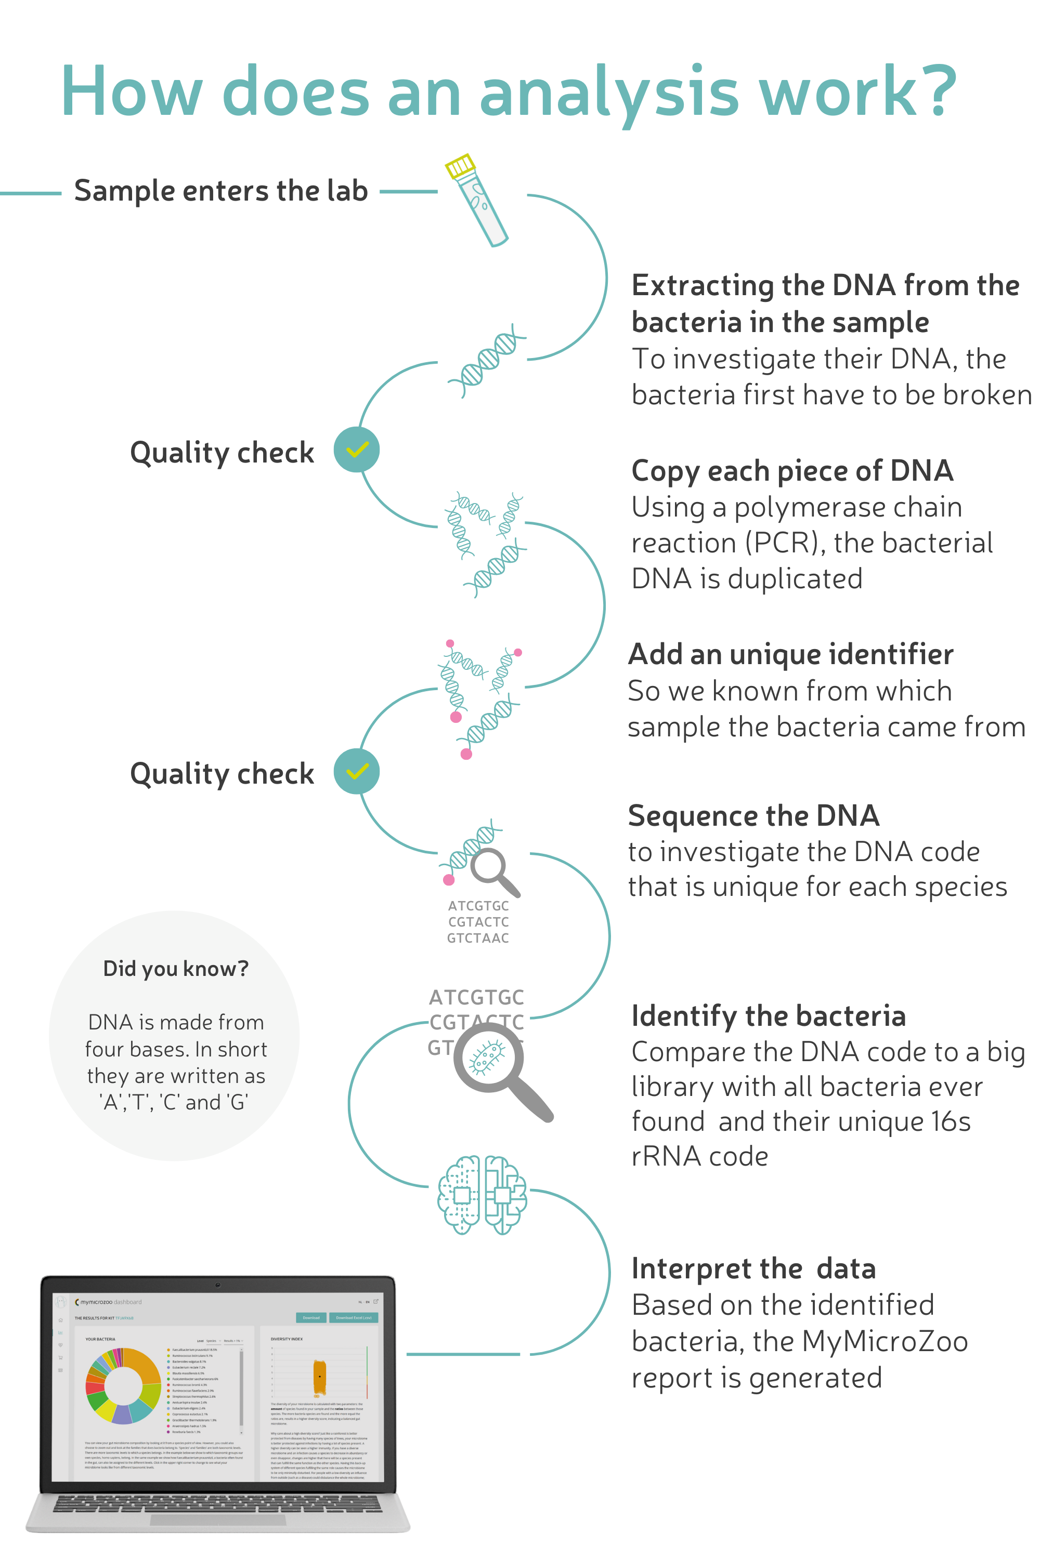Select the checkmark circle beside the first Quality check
point(356,450)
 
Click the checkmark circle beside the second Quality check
point(356,772)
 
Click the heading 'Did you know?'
point(176,969)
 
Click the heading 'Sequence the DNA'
point(753,815)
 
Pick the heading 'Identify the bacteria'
point(768,1015)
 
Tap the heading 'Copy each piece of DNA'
point(792,471)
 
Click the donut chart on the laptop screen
point(123,1385)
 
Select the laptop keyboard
point(217,1503)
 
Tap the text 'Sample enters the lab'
point(221,191)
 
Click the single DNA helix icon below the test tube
point(488,361)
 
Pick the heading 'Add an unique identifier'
point(790,654)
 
